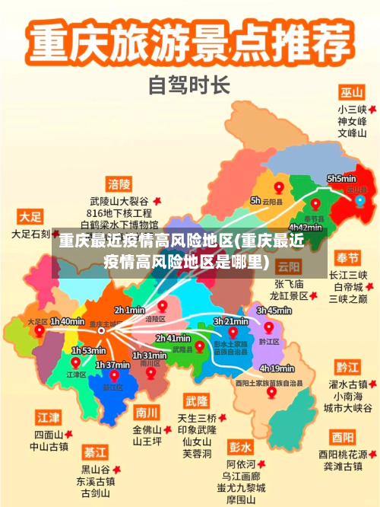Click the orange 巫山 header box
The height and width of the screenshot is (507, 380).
tap(351, 92)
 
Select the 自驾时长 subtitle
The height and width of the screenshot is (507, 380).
tap(189, 84)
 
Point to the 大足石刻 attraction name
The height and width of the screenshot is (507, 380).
tap(30, 234)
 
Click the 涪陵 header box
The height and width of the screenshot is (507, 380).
tap(119, 184)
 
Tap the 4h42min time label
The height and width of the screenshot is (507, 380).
tap(306, 227)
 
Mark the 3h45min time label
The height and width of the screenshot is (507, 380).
tap(274, 311)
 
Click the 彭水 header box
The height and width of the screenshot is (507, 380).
tap(240, 446)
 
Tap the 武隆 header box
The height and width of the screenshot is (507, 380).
tap(196, 400)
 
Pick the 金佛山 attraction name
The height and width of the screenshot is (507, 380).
tap(147, 429)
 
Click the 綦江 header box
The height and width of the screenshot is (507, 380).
tap(95, 451)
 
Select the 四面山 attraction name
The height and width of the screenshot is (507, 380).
tap(49, 434)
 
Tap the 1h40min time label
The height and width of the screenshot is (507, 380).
tap(67, 322)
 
